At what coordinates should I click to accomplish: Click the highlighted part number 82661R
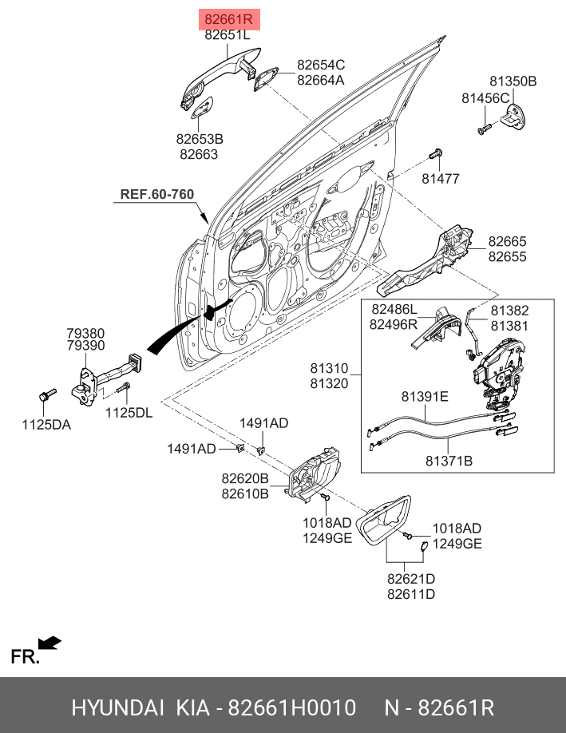click(229, 19)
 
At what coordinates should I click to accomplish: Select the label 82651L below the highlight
click(228, 34)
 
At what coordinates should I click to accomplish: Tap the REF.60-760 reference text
click(157, 194)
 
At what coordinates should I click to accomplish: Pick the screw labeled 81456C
click(485, 128)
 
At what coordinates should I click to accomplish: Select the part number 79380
click(85, 333)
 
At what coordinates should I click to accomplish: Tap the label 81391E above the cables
click(425, 396)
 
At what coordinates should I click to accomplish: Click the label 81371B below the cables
click(449, 461)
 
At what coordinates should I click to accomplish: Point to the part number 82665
click(507, 241)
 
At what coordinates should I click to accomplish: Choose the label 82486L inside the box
click(394, 310)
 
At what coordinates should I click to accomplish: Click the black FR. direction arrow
click(49, 643)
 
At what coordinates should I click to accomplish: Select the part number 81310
click(330, 368)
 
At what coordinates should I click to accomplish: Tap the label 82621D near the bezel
click(411, 579)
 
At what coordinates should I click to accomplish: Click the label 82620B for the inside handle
click(245, 478)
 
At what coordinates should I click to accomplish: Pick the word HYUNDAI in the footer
click(118, 707)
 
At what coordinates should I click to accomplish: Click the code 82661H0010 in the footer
click(291, 707)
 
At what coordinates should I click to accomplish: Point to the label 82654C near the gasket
click(321, 65)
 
